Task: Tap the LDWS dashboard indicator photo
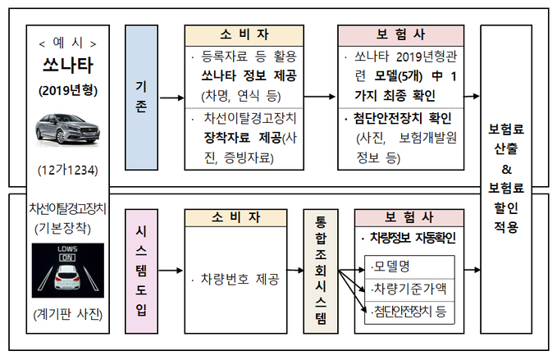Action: pyautogui.click(x=66, y=270)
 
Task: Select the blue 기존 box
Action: pyautogui.click(x=141, y=96)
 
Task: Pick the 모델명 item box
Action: pyautogui.click(x=408, y=266)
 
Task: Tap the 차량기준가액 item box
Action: pyautogui.click(x=408, y=288)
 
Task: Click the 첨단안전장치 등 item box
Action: pyautogui.click(x=408, y=309)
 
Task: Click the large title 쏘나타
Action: pyautogui.click(x=67, y=64)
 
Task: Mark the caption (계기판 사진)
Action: pyautogui.click(x=67, y=313)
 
